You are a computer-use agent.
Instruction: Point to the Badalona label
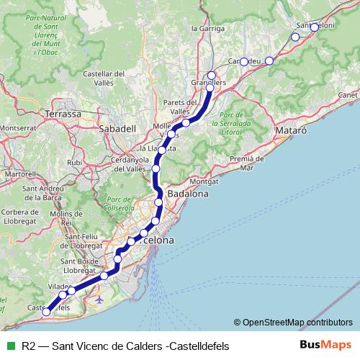click(x=187, y=194)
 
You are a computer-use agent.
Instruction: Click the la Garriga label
click(x=204, y=28)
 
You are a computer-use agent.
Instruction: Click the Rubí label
click(x=75, y=163)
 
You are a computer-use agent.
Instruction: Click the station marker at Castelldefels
click(x=47, y=312)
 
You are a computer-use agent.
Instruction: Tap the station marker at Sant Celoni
click(x=314, y=27)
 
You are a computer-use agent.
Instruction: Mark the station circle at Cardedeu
click(x=243, y=61)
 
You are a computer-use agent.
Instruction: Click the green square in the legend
click(x=9, y=346)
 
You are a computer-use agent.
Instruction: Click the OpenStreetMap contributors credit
click(x=297, y=323)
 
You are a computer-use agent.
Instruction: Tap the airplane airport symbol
click(x=99, y=298)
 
